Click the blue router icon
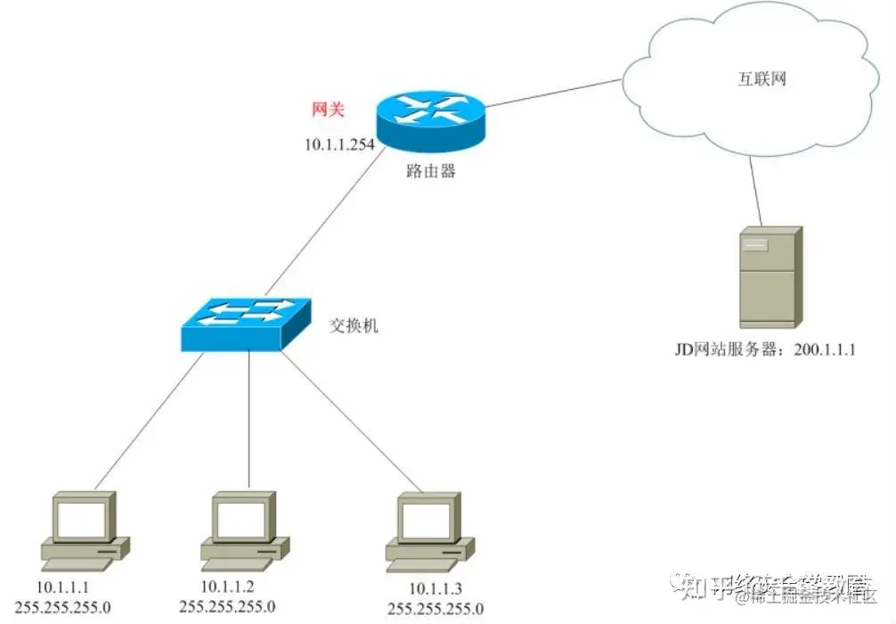click(x=431, y=120)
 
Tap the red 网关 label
click(x=327, y=110)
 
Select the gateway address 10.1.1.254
click(x=339, y=144)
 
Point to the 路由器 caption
click(x=431, y=171)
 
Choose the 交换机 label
click(x=354, y=325)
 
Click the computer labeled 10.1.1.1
click(x=86, y=530)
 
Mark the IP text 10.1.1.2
click(x=228, y=586)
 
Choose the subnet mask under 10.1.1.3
click(x=436, y=609)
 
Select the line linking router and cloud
click(x=552, y=93)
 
